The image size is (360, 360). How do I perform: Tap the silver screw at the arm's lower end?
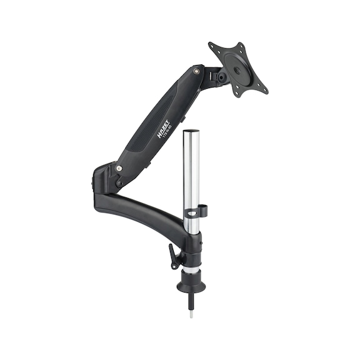click(119, 169)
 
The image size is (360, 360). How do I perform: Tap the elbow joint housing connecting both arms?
click(106, 178)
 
